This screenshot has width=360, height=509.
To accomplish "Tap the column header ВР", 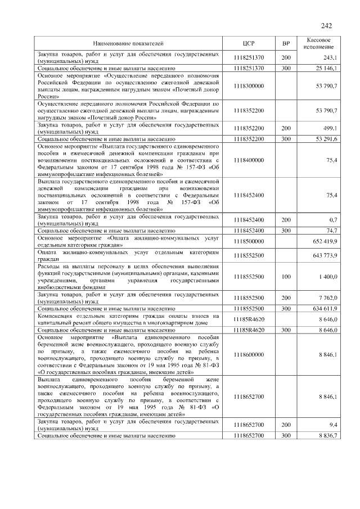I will (286, 43).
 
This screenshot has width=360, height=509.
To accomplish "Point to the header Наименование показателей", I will (128, 43).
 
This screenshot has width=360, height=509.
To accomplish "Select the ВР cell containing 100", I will (286, 276).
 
